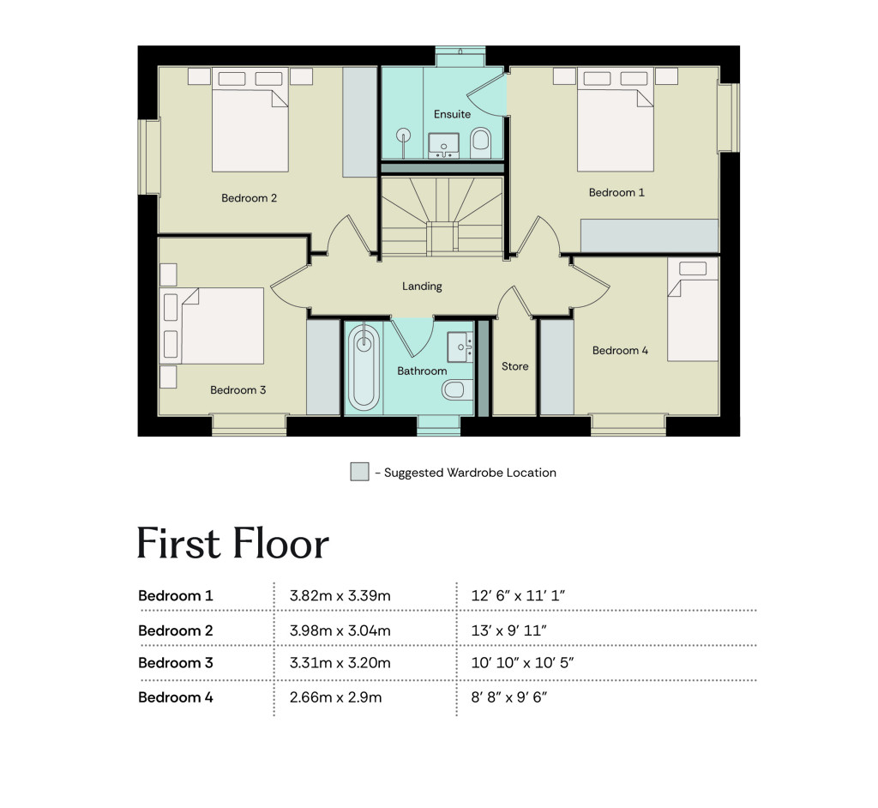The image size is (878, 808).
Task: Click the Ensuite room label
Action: click(452, 114)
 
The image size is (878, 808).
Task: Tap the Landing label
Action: click(422, 286)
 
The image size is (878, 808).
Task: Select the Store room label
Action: click(514, 366)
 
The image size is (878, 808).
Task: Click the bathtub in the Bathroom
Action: click(364, 367)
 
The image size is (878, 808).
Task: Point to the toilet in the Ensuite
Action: click(480, 143)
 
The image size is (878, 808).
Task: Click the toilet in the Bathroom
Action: click(458, 389)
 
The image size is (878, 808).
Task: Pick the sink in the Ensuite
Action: click(443, 146)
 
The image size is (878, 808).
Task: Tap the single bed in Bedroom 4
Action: click(693, 310)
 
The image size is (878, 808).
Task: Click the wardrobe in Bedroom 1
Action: click(649, 235)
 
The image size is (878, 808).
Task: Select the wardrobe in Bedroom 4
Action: click(556, 368)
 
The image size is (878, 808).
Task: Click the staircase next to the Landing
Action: click(442, 216)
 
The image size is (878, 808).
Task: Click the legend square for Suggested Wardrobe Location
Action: click(359, 472)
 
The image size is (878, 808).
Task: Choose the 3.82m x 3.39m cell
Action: click(340, 595)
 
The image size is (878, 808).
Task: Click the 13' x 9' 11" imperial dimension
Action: click(508, 630)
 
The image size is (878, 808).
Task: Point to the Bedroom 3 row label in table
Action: click(175, 663)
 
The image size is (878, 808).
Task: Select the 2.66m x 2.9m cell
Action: click(335, 697)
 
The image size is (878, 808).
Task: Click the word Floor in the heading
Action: click(280, 543)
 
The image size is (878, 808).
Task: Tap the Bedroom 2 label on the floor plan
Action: click(249, 198)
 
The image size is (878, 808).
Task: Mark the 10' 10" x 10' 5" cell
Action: click(522, 663)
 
